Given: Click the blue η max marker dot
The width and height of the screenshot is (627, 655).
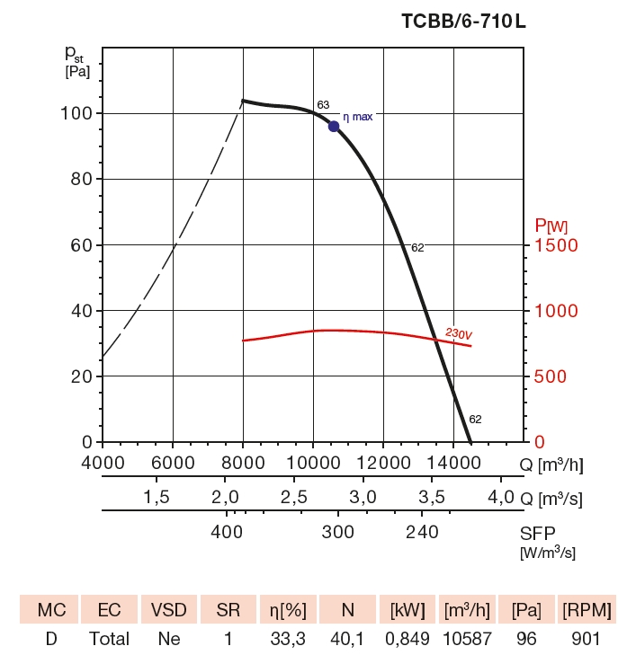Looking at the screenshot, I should (334, 126).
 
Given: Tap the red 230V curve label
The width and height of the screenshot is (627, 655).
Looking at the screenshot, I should (458, 333).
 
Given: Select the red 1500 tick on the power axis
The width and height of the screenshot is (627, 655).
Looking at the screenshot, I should (554, 245).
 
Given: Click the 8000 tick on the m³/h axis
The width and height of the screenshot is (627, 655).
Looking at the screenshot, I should (243, 465).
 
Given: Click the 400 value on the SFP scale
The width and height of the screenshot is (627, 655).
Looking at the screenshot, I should (228, 533).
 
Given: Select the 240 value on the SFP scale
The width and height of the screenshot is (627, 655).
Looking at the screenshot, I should (422, 533).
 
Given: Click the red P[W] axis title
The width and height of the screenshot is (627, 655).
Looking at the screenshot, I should (551, 225).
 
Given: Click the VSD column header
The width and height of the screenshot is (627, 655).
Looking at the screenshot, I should (168, 611).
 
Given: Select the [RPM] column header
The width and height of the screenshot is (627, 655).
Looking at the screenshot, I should (585, 611).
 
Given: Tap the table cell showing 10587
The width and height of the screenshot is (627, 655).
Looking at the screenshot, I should (465, 639).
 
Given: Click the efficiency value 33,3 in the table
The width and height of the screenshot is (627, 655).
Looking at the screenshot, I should (288, 639).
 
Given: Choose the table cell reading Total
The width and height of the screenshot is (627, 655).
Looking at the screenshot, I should (109, 639).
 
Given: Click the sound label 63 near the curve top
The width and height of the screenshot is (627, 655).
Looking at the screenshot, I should (323, 105).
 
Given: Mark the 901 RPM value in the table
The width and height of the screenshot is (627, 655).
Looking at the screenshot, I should (585, 639).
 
